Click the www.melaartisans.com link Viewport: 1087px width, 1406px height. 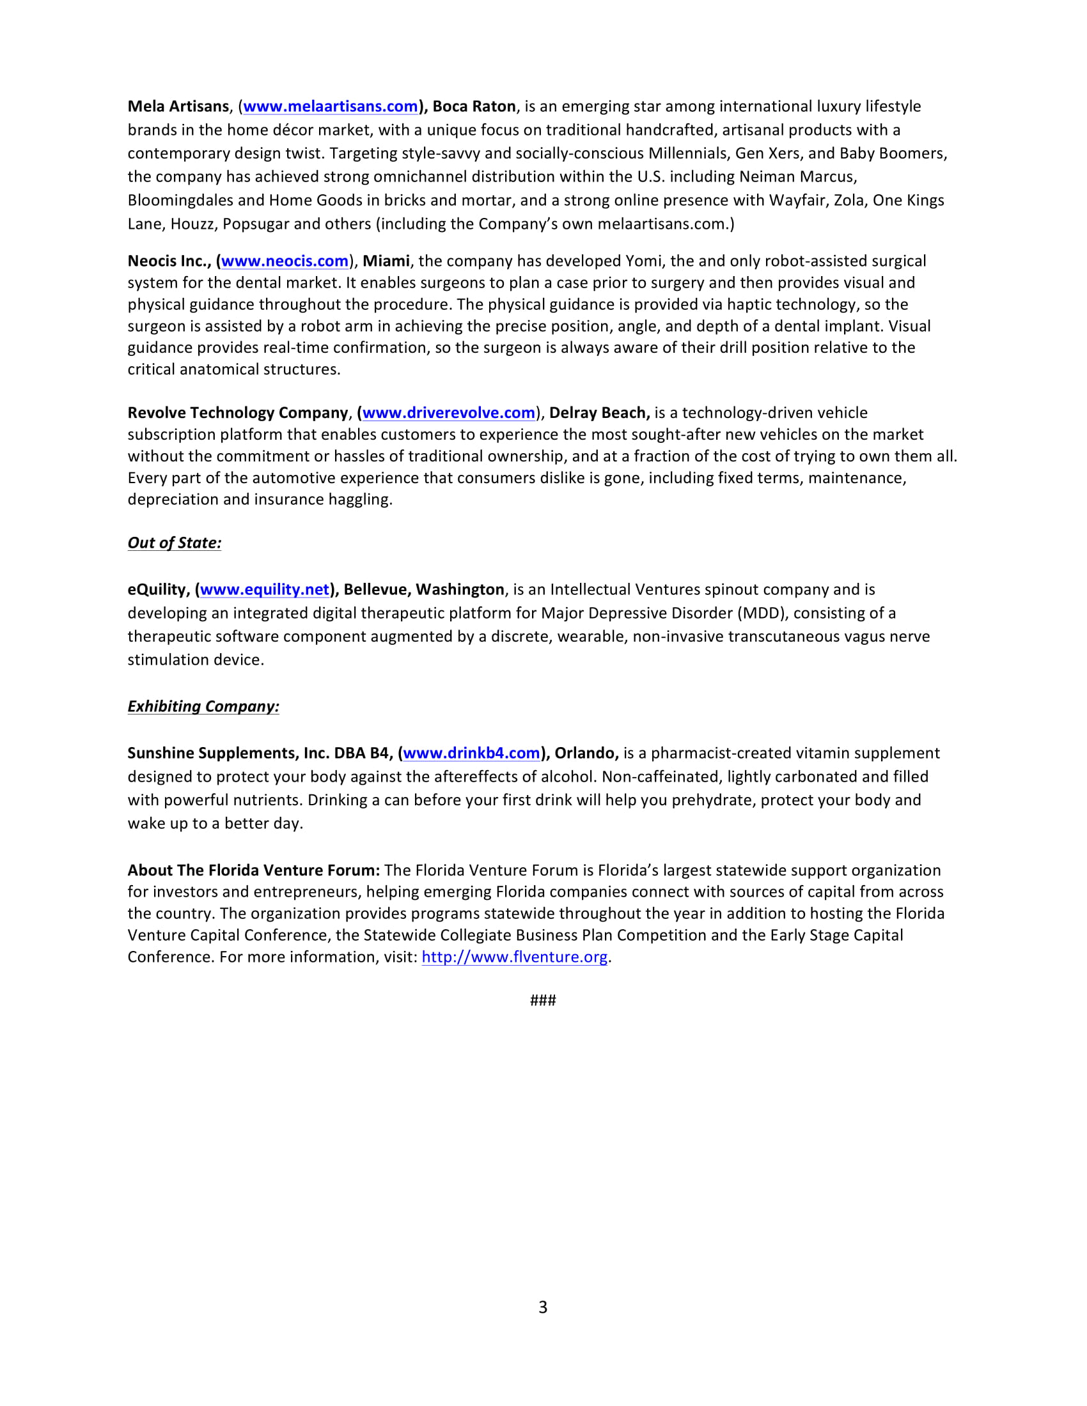[331, 106]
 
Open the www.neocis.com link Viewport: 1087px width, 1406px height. [285, 261]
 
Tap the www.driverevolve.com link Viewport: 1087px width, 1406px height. [449, 413]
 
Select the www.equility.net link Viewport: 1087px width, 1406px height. [265, 590]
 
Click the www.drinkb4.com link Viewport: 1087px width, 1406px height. [471, 753]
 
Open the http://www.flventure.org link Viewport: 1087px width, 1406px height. [515, 957]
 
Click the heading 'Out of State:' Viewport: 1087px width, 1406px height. [175, 543]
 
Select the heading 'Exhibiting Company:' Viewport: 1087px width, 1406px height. [203, 706]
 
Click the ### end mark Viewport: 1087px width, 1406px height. [543, 1000]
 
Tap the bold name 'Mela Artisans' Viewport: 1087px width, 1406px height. [178, 106]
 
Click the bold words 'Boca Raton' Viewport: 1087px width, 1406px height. [474, 106]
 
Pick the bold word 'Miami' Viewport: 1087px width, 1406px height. [386, 261]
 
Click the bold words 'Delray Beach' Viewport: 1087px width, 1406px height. [598, 413]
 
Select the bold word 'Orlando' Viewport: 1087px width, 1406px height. [585, 753]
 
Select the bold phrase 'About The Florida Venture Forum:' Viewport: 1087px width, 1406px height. [254, 870]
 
